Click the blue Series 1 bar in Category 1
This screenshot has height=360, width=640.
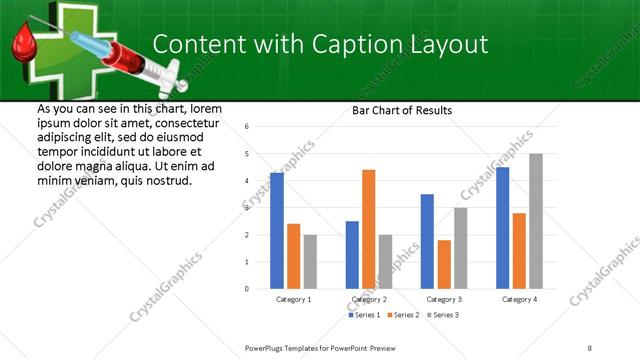click(x=277, y=230)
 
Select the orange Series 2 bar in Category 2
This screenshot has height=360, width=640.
click(x=369, y=229)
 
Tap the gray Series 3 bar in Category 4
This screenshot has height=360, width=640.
click(x=536, y=221)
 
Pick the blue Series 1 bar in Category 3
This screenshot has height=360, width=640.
click(x=427, y=241)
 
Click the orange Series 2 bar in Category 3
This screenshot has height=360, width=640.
click(x=444, y=264)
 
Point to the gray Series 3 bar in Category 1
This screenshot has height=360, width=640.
click(x=310, y=261)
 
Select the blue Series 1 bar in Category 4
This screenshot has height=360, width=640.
click(x=503, y=227)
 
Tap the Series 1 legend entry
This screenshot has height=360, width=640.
click(x=362, y=315)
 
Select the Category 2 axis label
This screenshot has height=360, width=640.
click(x=369, y=299)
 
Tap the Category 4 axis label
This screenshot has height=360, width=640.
click(x=519, y=299)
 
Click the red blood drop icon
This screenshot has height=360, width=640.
click(x=25, y=45)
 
